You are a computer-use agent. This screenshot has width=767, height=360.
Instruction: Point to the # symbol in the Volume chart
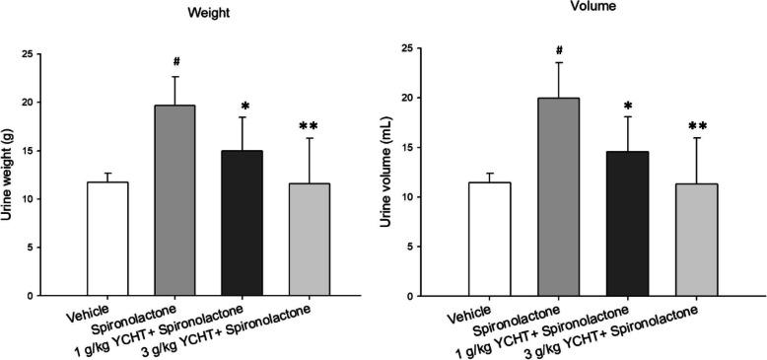tap(559, 49)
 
